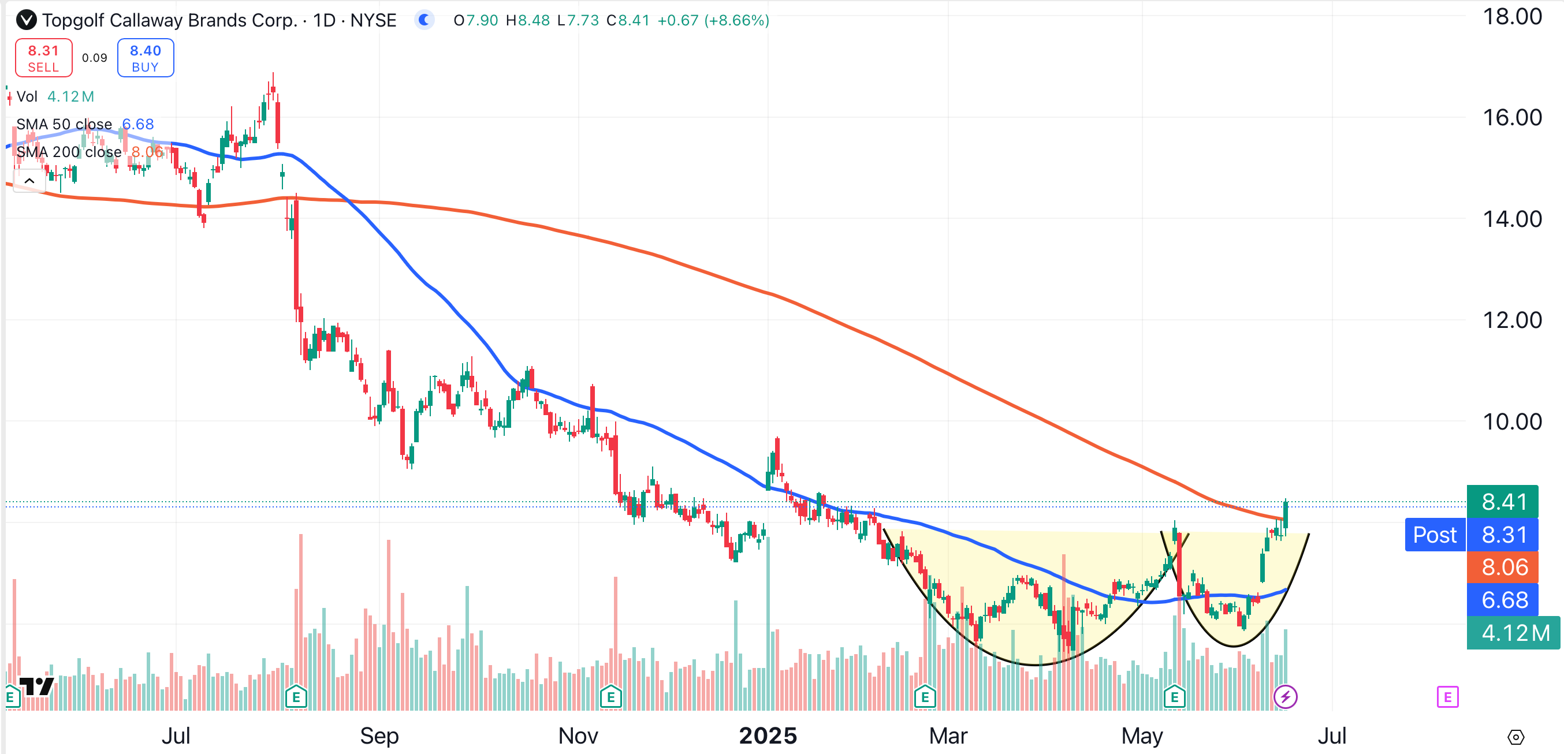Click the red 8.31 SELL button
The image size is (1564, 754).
(43, 58)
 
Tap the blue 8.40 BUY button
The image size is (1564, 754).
(145, 58)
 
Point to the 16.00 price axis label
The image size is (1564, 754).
(1511, 117)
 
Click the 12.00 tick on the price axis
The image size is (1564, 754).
(1511, 320)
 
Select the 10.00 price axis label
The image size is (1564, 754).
(1511, 421)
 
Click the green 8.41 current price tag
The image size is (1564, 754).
(1503, 502)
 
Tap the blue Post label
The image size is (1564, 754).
(1434, 535)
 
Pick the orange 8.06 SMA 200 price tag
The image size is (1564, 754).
(1503, 567)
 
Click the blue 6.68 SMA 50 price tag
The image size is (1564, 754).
(1503, 600)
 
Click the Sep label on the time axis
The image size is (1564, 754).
(379, 736)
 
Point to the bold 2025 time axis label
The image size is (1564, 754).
(768, 736)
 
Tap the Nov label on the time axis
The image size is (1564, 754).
(578, 736)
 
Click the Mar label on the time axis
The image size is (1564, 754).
(948, 736)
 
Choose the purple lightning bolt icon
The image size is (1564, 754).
(1284, 696)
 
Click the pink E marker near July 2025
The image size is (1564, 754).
(1447, 696)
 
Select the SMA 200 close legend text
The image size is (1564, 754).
(69, 152)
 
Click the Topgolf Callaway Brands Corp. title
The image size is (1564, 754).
(169, 20)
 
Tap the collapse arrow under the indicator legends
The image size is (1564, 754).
(29, 181)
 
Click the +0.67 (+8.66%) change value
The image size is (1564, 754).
(713, 20)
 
